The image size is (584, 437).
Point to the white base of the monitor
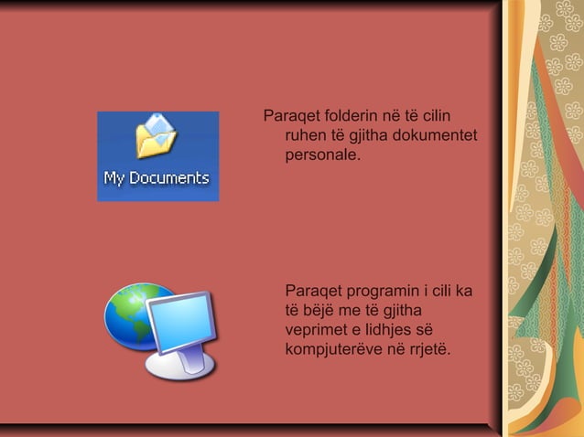pos(180,366)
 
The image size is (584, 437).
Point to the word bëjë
pos(324,311)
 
